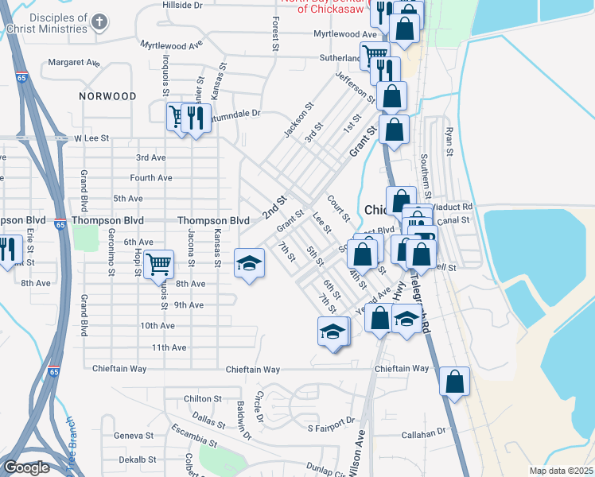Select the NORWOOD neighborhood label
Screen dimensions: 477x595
(108, 96)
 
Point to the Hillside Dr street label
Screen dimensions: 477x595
(183, 5)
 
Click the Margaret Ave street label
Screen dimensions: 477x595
(74, 62)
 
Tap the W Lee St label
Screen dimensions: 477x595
(91, 138)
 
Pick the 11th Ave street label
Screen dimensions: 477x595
(169, 347)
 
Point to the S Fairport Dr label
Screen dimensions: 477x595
(329, 429)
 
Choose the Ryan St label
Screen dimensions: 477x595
(450, 141)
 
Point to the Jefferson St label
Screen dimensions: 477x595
(356, 87)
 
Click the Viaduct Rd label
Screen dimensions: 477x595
(455, 206)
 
